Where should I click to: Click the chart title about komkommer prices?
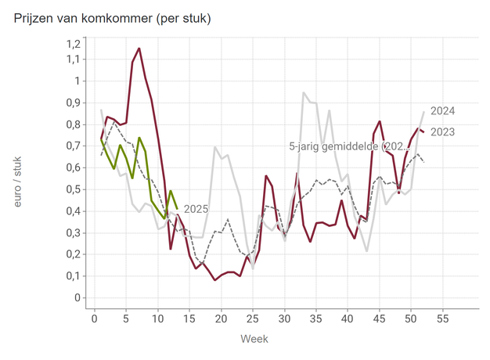[x=112, y=16]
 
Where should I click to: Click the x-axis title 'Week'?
[x=254, y=340]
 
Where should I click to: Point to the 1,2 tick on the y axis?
[x=72, y=38]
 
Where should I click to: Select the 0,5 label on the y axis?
[x=72, y=189]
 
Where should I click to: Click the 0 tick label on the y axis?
[x=77, y=297]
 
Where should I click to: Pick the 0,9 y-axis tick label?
[x=72, y=103]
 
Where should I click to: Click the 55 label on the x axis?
[x=443, y=319]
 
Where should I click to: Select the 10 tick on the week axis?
[x=158, y=319]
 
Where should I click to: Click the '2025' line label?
[x=196, y=209]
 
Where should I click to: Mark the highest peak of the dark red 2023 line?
[x=139, y=49]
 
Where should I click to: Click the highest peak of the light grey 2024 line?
[x=304, y=92]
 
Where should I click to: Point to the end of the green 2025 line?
[x=177, y=207]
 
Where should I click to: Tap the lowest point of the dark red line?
[x=214, y=280]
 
